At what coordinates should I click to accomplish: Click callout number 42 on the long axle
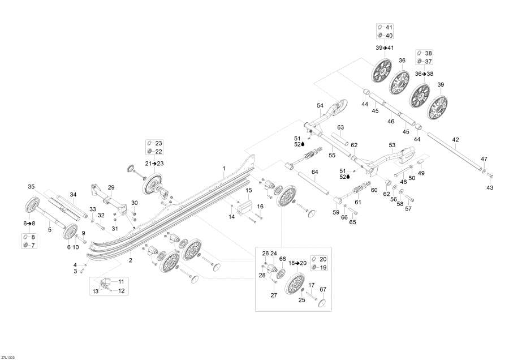(455, 140)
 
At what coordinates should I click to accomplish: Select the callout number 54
(320, 105)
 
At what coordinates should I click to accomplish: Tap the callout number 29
(111, 187)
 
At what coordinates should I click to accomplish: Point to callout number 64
(315, 172)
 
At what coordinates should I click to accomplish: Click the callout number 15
(249, 190)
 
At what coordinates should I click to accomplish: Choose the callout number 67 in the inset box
(323, 289)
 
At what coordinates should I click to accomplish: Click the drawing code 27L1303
(7, 357)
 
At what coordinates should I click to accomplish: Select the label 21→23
(154, 164)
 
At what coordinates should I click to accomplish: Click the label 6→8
(29, 223)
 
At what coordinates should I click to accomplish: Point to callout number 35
(31, 186)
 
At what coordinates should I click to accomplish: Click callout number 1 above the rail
(223, 168)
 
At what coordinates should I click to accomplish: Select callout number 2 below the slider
(131, 260)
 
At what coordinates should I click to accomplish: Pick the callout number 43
(490, 187)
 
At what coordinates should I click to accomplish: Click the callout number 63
(340, 127)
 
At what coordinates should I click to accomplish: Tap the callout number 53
(392, 145)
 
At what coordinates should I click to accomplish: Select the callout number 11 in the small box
(121, 282)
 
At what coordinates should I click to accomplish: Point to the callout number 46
(391, 121)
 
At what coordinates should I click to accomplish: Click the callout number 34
(73, 194)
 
